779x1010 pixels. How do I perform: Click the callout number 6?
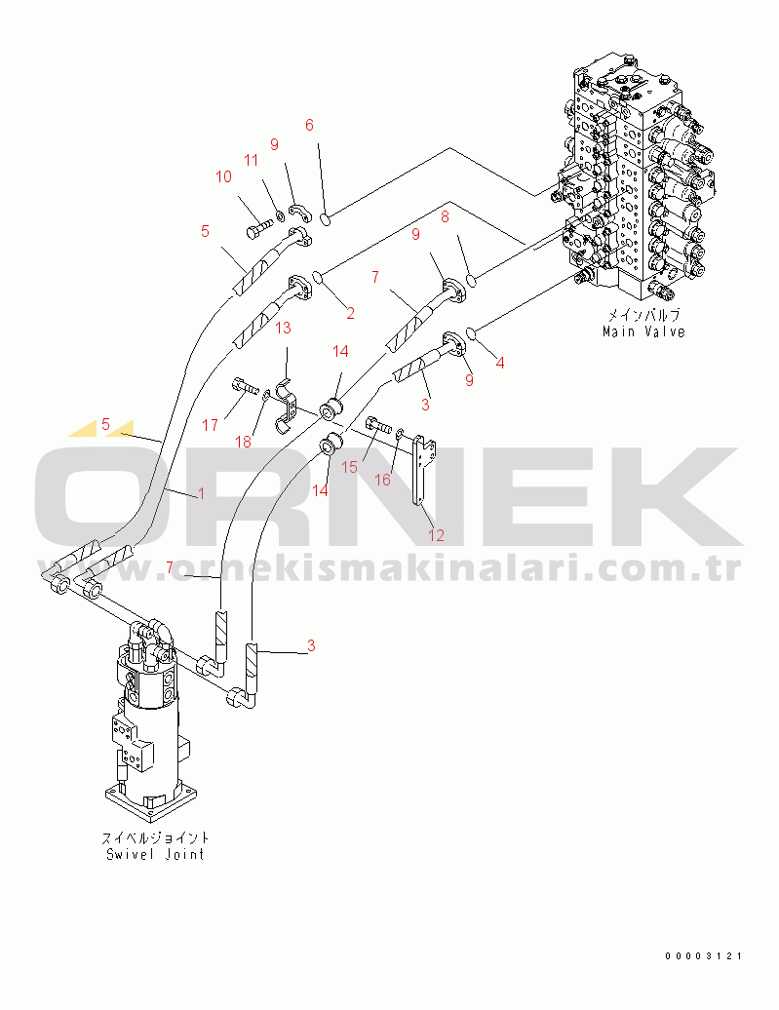point(309,125)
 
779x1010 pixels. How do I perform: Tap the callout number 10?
point(223,176)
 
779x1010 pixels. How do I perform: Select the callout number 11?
point(251,160)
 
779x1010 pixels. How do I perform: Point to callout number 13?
point(283,328)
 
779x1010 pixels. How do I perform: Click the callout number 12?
point(436,534)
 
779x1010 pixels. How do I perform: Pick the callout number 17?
point(211,425)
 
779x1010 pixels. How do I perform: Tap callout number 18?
point(243,442)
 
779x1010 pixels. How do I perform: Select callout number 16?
point(383,480)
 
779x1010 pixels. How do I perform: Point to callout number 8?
point(445,217)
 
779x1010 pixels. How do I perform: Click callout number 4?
point(500,363)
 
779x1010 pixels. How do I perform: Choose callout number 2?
point(350,314)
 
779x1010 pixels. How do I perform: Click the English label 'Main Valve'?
point(643,331)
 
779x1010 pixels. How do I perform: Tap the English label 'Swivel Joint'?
point(155,854)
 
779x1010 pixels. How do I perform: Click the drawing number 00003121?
point(704,956)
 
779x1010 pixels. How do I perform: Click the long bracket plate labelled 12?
point(424,470)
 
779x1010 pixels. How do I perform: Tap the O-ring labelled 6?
point(327,219)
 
